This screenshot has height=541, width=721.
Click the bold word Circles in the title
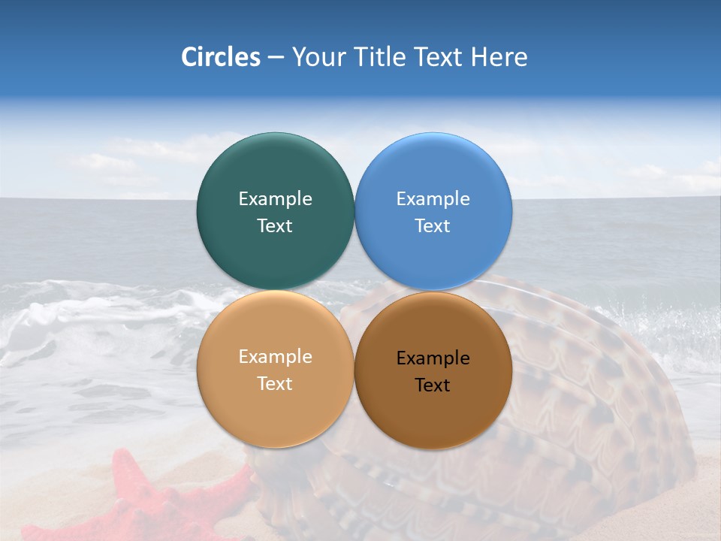(x=220, y=57)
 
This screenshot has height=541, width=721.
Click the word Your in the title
(x=319, y=57)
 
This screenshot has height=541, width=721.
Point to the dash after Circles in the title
(x=276, y=58)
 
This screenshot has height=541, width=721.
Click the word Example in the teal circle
(x=275, y=199)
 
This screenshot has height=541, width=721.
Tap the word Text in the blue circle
(x=433, y=225)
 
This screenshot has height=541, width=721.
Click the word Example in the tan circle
(x=275, y=357)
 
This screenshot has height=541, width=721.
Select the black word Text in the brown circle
(x=433, y=385)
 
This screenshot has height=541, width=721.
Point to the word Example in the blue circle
(x=433, y=199)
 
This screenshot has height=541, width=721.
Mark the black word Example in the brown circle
(x=433, y=358)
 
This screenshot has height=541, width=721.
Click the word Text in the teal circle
(x=275, y=225)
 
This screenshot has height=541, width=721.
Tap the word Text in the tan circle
(x=275, y=383)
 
